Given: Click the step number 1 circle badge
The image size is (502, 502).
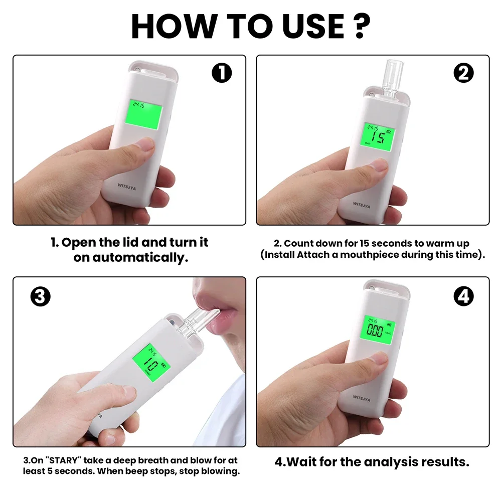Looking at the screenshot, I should click(222, 74).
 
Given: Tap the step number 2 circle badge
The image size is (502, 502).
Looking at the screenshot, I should click(463, 74).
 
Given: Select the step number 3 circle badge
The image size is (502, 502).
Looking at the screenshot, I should click(41, 297).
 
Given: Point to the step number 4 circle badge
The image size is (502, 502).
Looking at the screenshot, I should click(463, 297).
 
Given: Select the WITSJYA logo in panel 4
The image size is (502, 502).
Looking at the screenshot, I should click(361, 396).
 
